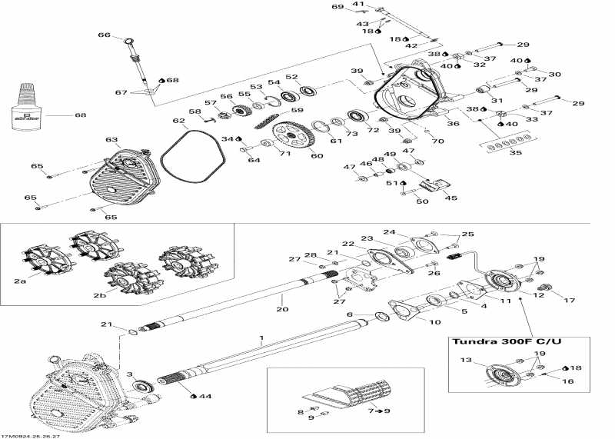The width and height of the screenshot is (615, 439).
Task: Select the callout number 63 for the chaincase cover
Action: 112,140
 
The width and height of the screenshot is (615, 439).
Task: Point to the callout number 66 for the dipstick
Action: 105,35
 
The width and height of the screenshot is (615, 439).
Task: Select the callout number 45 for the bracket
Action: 450,198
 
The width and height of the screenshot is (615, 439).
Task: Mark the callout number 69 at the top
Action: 337,7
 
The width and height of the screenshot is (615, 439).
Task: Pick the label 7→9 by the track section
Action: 382,412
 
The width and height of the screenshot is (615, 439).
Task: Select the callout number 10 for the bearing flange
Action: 434,321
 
